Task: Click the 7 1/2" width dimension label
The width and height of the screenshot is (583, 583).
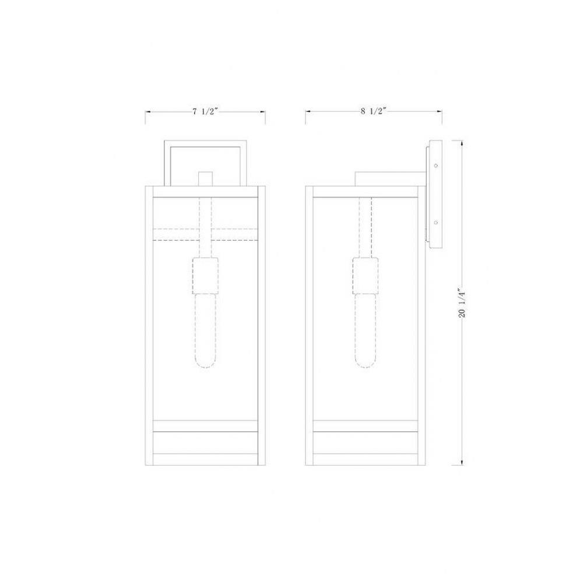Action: pyautogui.click(x=205, y=111)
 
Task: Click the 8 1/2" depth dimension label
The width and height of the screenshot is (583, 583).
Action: pyautogui.click(x=373, y=111)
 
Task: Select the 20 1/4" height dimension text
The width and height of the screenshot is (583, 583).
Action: pyautogui.click(x=462, y=303)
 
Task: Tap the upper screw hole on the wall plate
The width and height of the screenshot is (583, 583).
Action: pyautogui.click(x=436, y=166)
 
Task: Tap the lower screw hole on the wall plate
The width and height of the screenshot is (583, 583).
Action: pyautogui.click(x=436, y=223)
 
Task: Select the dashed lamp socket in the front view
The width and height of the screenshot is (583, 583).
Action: pyautogui.click(x=205, y=276)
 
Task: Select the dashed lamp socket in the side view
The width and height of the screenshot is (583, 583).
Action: pyautogui.click(x=366, y=276)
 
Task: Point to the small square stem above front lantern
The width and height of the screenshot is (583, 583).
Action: pyautogui.click(x=205, y=179)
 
